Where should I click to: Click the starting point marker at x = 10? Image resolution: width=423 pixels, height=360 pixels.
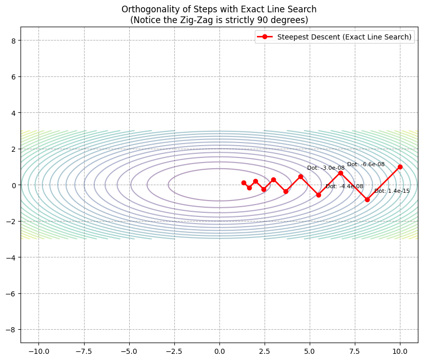(x=400, y=167)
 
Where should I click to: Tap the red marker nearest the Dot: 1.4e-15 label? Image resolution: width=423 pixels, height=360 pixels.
(x=367, y=199)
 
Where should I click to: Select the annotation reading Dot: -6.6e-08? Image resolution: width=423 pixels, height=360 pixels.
(x=366, y=164)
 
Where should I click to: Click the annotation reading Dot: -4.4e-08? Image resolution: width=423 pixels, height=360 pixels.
(x=344, y=186)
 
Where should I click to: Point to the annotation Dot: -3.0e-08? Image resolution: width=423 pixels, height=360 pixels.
(x=326, y=168)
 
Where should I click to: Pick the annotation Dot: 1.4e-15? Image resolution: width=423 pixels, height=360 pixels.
(x=392, y=191)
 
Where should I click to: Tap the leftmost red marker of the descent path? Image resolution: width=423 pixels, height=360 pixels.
(x=244, y=183)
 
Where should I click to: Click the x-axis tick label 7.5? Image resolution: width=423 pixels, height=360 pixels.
(x=355, y=351)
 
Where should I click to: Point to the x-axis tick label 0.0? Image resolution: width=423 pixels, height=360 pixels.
(x=219, y=351)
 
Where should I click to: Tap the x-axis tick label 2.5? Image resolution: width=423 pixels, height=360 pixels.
(x=265, y=351)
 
